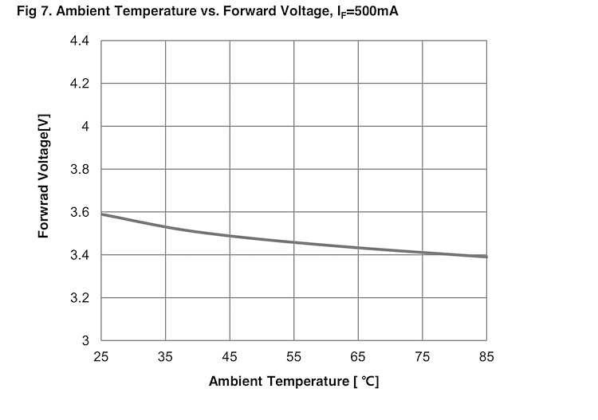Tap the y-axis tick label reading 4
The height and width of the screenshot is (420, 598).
click(x=85, y=127)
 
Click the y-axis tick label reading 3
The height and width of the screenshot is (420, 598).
click(x=85, y=341)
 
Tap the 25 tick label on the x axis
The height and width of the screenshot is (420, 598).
click(x=101, y=356)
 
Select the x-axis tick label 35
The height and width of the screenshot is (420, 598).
click(x=166, y=356)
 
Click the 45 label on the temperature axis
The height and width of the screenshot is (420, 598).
click(x=230, y=356)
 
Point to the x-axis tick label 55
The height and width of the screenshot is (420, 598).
click(x=294, y=356)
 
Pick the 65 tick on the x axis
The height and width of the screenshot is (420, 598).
click(x=358, y=356)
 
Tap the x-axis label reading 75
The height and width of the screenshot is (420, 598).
click(x=423, y=356)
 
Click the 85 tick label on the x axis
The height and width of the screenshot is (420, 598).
click(x=486, y=356)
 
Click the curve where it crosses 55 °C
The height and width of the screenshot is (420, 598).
click(x=294, y=242)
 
